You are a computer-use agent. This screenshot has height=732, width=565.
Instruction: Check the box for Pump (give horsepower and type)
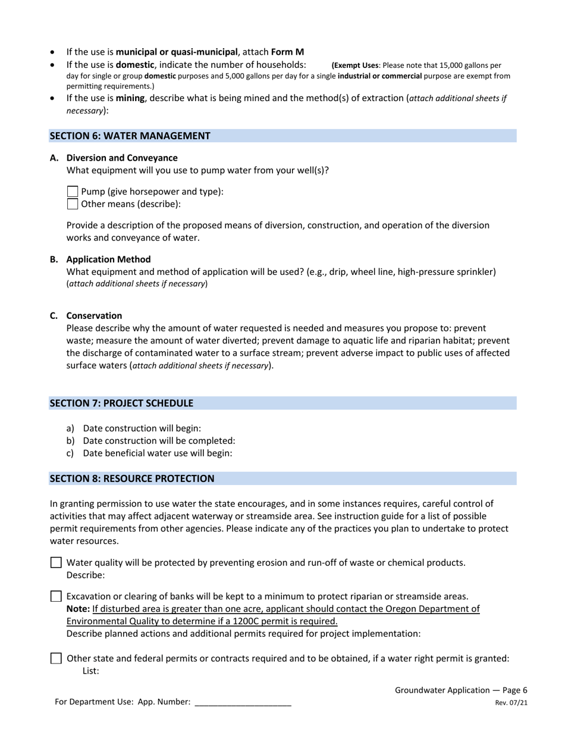pos(73,192)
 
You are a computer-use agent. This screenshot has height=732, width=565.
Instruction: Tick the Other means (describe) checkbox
pos(73,204)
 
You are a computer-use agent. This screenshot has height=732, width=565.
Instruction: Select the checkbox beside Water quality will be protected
pos(56,562)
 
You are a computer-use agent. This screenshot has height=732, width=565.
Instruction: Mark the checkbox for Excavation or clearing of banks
pos(56,596)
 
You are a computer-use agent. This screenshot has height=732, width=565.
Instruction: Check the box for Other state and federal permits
pos(56,658)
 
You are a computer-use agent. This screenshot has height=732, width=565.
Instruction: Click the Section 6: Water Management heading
pos(130,136)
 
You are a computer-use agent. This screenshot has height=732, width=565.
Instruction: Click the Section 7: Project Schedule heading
pos(121,403)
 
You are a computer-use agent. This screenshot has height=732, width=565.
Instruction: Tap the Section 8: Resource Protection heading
pos(131,478)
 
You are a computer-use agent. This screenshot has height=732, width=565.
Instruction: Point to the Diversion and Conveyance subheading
pos(121,158)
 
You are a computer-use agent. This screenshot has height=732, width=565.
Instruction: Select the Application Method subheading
pos(108,259)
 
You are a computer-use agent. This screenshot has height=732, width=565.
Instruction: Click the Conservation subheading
pos(94,315)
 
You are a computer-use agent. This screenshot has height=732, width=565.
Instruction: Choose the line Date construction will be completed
pos(159,440)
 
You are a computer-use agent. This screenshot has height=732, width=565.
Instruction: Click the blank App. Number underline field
pos(243,702)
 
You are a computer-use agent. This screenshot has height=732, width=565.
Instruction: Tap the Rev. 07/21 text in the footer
pos(511,703)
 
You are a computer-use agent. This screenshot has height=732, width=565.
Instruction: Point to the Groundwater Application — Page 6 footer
pos(461,690)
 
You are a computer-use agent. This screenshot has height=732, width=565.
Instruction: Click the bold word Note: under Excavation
pos(78,609)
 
